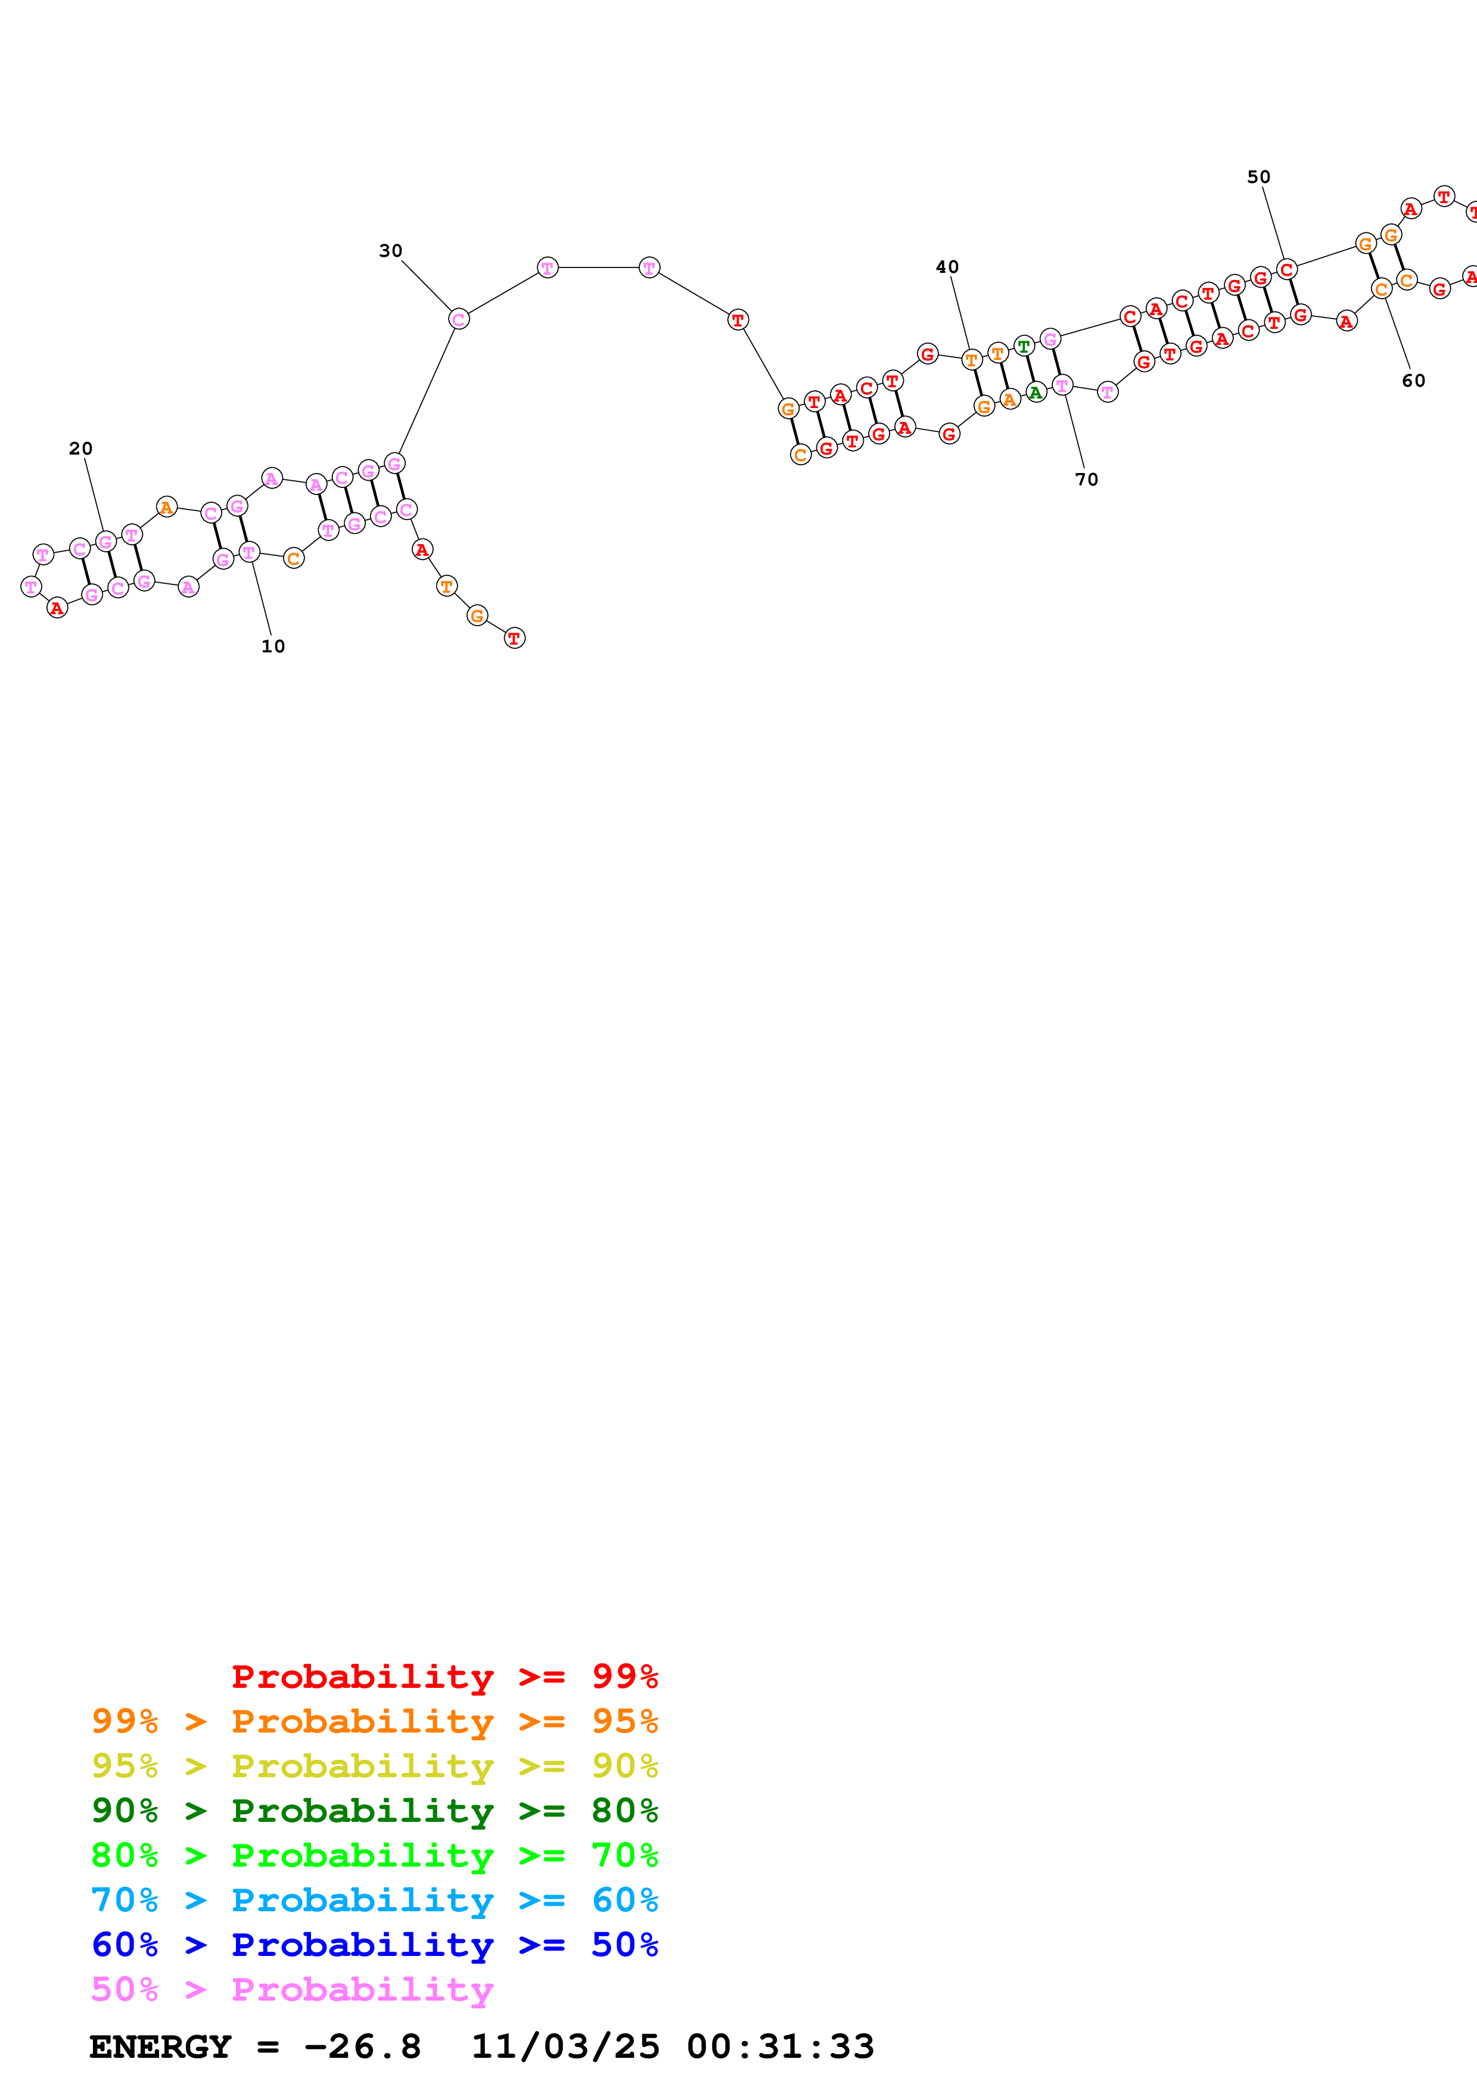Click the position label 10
(x=273, y=646)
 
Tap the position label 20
(x=81, y=449)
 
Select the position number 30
(x=390, y=251)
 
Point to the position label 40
(x=947, y=268)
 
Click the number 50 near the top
(x=1258, y=178)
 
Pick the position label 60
(x=1413, y=381)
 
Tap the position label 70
(x=1087, y=480)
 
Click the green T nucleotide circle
(x=1024, y=346)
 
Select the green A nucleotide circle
(x=1036, y=393)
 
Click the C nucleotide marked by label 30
(x=459, y=319)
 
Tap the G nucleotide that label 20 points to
(x=105, y=542)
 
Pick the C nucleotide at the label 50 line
(x=1286, y=269)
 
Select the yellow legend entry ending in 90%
(x=375, y=1766)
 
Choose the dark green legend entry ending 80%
(x=375, y=1811)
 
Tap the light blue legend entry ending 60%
(x=375, y=1900)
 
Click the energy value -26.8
(x=362, y=2047)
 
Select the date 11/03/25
(x=564, y=2047)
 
